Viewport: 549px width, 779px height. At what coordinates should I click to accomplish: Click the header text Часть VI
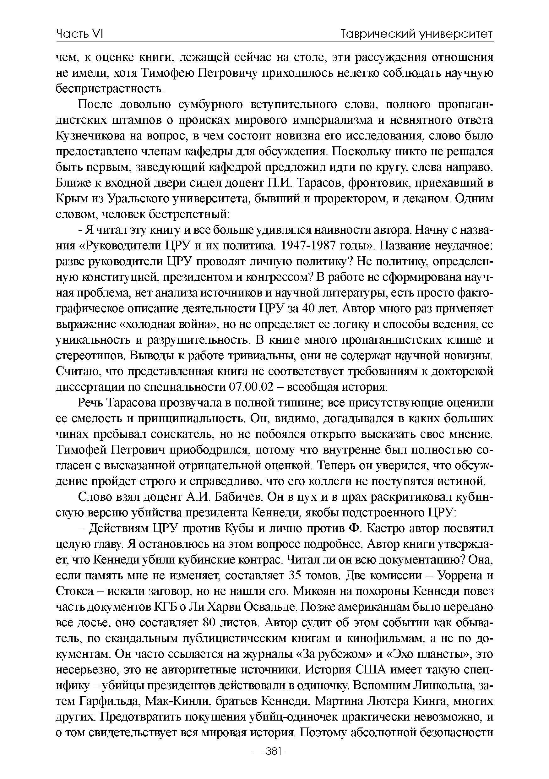[x=79, y=34]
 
